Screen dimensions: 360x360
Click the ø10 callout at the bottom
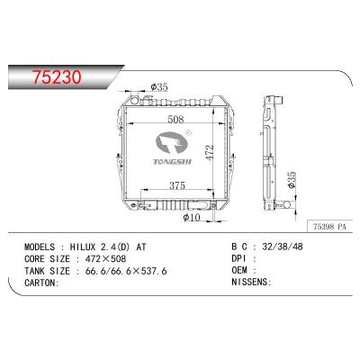[x=190, y=217]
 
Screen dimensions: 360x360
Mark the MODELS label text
[x=40, y=245]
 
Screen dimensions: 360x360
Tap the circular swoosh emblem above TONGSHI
[x=169, y=139]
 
